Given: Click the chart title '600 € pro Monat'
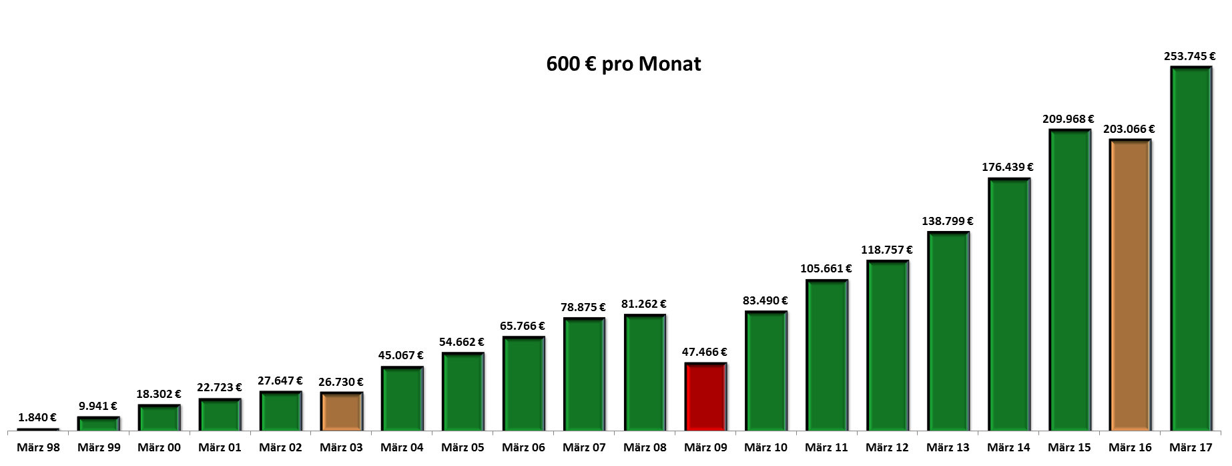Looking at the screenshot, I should [x=623, y=64].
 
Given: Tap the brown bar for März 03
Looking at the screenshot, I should [x=341, y=411].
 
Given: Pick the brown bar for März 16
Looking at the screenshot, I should [x=1130, y=285].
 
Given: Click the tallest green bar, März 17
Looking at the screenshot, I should [x=1191, y=248].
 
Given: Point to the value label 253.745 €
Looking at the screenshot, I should [x=1189, y=57].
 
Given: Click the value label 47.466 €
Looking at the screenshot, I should [x=704, y=352].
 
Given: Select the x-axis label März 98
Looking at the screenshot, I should [x=38, y=447].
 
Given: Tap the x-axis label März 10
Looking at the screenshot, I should [x=765, y=447].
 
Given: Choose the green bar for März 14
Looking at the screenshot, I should [x=1008, y=304].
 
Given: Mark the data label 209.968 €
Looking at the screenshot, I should [x=1068, y=120].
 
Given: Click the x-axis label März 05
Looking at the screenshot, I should [x=463, y=447].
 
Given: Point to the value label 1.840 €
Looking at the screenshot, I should [x=37, y=418].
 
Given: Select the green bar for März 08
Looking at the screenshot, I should [x=645, y=373].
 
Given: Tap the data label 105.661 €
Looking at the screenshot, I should [x=826, y=269].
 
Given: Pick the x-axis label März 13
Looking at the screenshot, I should [x=948, y=447].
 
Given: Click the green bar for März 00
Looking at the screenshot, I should [x=159, y=418].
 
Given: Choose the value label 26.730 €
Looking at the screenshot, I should [x=340, y=383].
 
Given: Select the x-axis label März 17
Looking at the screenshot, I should [x=1191, y=447].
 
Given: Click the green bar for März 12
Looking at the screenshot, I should [x=887, y=345].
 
